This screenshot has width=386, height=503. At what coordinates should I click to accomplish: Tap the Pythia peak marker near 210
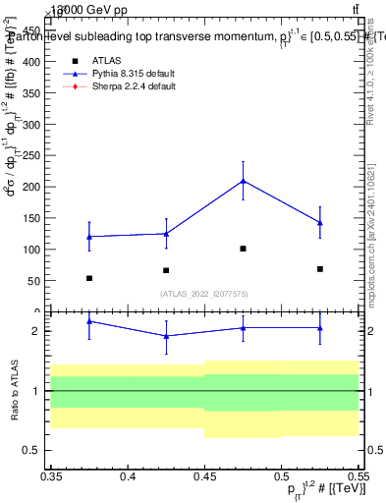[x=243, y=181]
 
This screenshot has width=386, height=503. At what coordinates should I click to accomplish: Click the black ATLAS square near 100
[x=243, y=249]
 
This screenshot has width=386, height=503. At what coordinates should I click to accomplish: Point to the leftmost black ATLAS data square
[x=89, y=278]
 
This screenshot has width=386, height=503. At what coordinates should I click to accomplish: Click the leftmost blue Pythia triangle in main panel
[x=89, y=236]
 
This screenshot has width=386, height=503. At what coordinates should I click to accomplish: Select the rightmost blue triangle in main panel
[x=320, y=223]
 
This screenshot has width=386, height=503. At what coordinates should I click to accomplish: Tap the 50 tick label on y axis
[x=35, y=281]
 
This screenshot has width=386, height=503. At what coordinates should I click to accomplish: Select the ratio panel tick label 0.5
[x=35, y=451]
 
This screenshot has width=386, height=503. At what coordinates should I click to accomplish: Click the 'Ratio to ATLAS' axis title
[x=14, y=390]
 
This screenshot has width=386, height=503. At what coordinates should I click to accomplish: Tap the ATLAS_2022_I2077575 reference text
[x=203, y=294]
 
